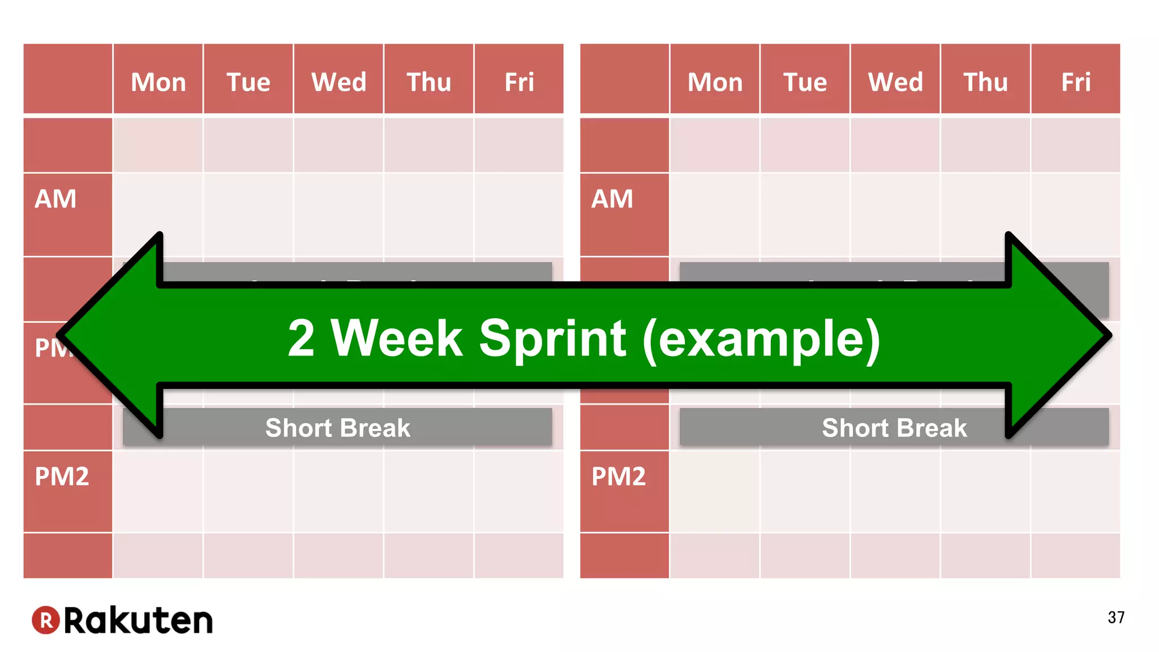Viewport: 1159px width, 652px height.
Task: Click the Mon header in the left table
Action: coord(158,82)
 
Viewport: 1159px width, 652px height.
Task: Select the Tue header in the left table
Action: coord(248,82)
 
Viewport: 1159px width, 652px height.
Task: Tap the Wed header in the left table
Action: coord(339,82)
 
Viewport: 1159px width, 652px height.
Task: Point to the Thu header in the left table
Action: coord(429,82)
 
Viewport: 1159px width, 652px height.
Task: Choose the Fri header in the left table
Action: coord(519,82)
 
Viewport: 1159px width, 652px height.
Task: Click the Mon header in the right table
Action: coord(715,82)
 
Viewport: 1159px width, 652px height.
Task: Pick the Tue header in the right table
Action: coord(805,82)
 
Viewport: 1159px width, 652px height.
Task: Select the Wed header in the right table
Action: coord(895,82)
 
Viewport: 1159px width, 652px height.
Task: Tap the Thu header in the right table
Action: coord(986,82)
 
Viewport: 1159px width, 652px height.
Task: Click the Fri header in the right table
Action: coord(1076,82)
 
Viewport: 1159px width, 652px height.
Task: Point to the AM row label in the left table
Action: coord(55,199)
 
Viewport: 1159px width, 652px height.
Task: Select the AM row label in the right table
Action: coord(612,199)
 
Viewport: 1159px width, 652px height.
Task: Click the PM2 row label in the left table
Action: coord(62,477)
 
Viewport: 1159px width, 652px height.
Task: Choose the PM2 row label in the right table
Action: coord(619,477)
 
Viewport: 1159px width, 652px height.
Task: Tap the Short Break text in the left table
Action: coord(338,428)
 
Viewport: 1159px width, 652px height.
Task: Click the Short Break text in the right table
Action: coord(894,428)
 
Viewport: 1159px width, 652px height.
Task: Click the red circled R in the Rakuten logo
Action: coord(46,620)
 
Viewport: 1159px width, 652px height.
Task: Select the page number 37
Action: coord(1116,617)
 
